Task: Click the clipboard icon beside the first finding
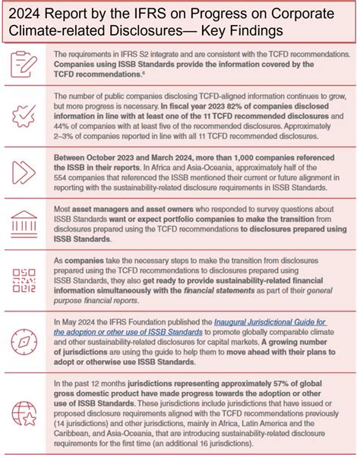24,65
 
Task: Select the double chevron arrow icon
24,172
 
